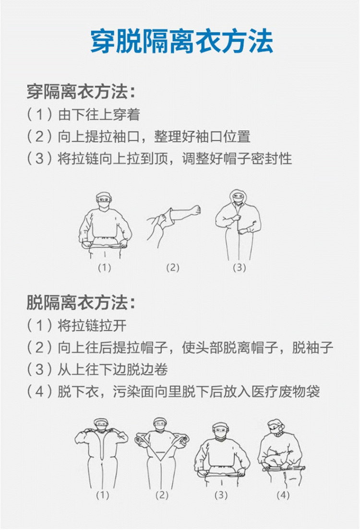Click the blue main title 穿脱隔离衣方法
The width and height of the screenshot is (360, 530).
pos(181,41)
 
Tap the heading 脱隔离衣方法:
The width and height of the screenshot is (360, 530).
pos(81,302)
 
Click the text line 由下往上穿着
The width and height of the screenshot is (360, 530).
pos(99,115)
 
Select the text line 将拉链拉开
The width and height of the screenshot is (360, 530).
pos(92,325)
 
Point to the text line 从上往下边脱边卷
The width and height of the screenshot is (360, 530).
pos(113,370)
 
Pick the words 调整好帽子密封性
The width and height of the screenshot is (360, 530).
pos(237,158)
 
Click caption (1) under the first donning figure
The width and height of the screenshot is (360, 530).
pos(105,267)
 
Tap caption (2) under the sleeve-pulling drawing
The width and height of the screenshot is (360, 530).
pos(172,267)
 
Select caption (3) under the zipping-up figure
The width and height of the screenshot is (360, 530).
pos(240,267)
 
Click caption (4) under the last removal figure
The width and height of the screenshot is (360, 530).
pos(283,495)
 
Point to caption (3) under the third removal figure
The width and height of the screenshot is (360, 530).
pos(221,495)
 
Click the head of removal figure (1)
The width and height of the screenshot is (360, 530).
pos(100,424)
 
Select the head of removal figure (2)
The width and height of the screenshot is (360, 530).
pos(160,424)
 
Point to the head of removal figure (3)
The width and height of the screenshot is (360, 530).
pos(220,430)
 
